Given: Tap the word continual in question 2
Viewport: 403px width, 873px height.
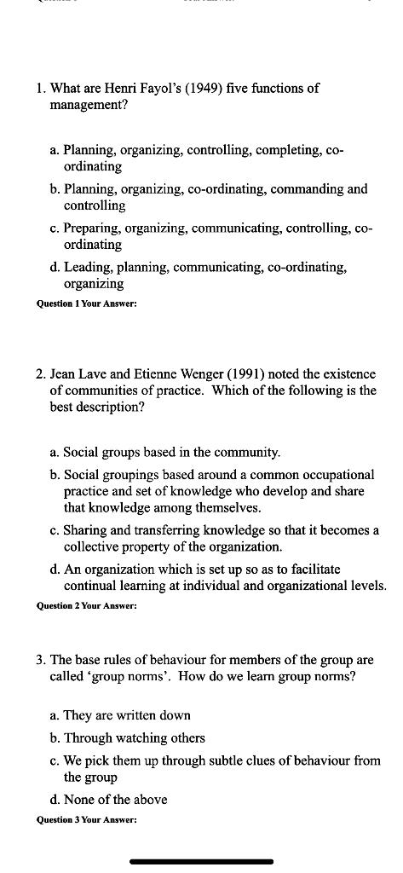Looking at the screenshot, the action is click(x=91, y=586).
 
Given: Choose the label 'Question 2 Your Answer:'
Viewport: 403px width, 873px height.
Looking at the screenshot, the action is click(x=86, y=606).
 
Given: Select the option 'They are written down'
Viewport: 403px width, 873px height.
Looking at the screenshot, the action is click(x=127, y=716).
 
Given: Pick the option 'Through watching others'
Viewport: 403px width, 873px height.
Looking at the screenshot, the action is click(x=134, y=738).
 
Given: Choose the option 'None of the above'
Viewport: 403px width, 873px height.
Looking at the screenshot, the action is click(x=115, y=800).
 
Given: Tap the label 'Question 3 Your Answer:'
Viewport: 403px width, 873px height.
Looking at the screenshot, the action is click(x=86, y=820).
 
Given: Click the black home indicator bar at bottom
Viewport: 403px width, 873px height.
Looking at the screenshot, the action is click(x=201, y=862).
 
